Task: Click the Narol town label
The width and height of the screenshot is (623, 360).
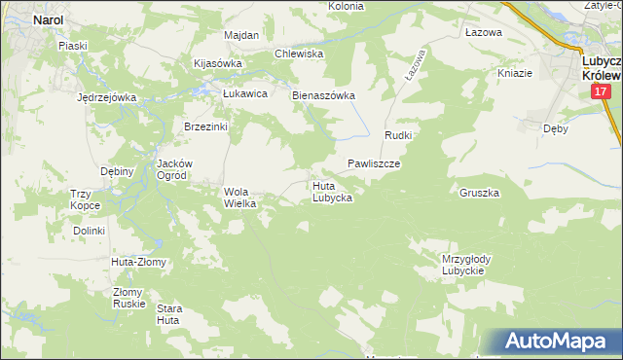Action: click(x=49, y=18)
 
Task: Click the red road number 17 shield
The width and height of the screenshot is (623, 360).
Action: click(x=600, y=91)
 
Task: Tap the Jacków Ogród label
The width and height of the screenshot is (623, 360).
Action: click(x=177, y=169)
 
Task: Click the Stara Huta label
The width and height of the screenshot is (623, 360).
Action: click(x=168, y=313)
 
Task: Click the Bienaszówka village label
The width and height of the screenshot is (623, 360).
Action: click(x=324, y=96)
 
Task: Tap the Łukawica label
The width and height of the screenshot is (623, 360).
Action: click(x=244, y=93)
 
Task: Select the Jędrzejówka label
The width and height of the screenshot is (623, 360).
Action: click(x=105, y=97)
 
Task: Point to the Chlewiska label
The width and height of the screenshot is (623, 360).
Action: click(x=299, y=54)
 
